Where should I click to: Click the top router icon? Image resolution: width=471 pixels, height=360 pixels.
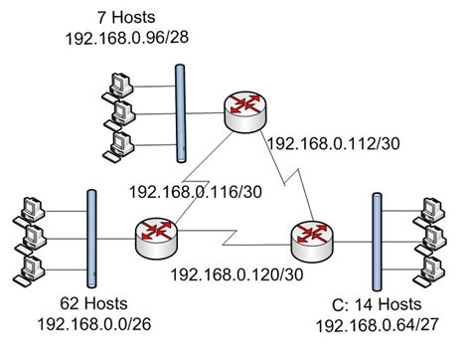243,109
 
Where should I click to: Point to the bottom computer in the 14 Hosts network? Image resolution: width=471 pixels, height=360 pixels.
433,267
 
